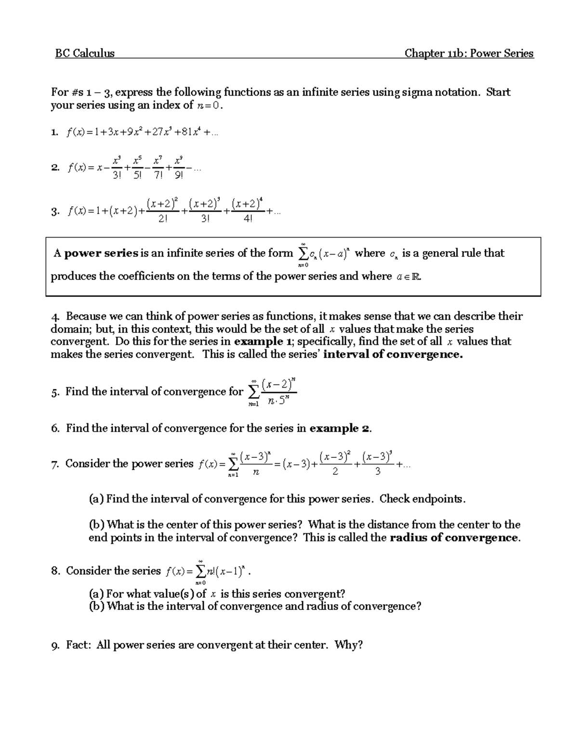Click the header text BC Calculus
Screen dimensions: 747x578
(85, 53)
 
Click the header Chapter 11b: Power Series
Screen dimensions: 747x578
(469, 53)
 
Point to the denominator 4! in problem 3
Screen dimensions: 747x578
(248, 219)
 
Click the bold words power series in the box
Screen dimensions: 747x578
(101, 253)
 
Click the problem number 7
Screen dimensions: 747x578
(55, 464)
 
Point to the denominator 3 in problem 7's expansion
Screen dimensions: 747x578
(378, 472)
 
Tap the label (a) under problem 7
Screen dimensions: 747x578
(96, 499)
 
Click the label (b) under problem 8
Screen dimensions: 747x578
(96, 606)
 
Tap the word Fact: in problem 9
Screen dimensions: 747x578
(79, 645)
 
